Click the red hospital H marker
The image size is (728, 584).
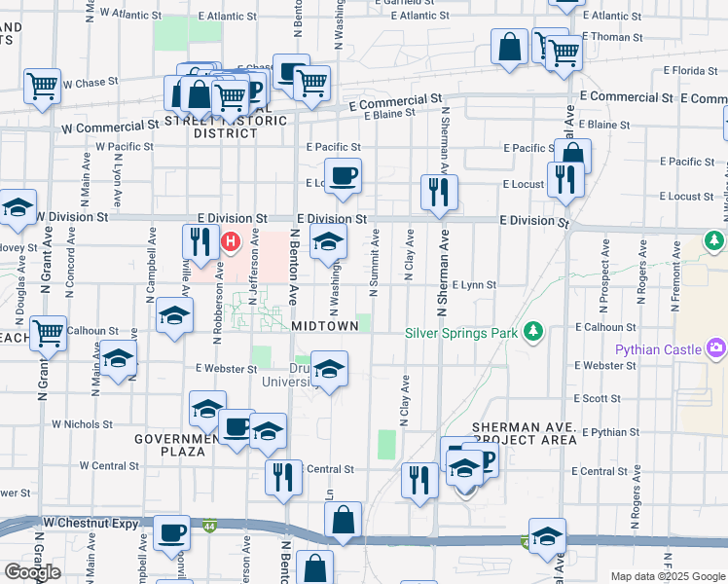coord(232,240)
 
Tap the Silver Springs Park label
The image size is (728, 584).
coord(462,332)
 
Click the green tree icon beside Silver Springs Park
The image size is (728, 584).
coord(532,332)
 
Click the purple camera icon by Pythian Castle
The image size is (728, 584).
coord(717,347)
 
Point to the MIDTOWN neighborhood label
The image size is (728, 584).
coord(324,325)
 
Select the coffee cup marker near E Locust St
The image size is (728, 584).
coord(343,177)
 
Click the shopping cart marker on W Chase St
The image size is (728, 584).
coord(43,86)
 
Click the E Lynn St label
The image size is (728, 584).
coord(474,285)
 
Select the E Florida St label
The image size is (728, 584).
coord(690,70)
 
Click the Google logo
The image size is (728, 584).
coord(32,572)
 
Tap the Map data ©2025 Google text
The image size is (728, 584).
coord(667,576)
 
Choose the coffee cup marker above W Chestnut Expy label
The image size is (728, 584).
coord(172,532)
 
